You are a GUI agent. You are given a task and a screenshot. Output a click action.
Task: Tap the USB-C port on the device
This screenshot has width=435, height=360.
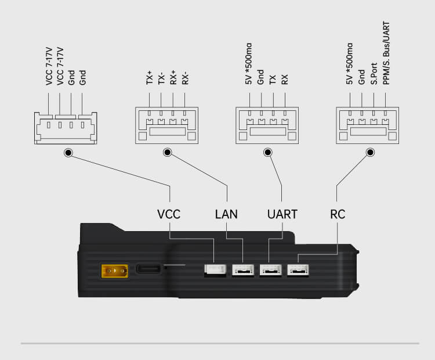click(150, 269)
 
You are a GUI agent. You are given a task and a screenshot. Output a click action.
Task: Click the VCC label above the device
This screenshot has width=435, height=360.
click(169, 214)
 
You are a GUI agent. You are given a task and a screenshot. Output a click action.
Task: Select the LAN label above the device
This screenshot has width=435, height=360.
click(226, 214)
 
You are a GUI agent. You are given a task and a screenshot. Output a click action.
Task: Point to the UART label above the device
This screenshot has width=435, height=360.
click(282, 214)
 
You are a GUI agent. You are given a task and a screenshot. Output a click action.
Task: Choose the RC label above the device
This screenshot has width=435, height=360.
click(338, 214)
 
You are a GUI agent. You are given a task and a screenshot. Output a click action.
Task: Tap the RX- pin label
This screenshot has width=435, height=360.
click(185, 78)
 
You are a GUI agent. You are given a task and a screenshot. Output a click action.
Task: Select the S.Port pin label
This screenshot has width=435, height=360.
click(374, 74)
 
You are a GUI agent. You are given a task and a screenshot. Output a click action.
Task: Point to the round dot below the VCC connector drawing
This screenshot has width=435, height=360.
click(68, 153)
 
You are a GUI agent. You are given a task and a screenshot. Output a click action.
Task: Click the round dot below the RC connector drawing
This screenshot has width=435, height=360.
click(371, 153)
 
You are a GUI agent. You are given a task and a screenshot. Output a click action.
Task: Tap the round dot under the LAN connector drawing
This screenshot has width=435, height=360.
click(168, 153)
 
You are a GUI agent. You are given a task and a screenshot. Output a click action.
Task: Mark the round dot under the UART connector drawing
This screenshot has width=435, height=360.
click(268, 153)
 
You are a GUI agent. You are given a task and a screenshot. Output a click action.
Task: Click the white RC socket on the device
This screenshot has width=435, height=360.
click(298, 270)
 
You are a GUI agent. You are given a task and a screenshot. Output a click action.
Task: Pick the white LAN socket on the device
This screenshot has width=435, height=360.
click(242, 270)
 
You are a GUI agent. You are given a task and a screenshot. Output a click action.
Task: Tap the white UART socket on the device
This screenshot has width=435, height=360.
click(270, 270)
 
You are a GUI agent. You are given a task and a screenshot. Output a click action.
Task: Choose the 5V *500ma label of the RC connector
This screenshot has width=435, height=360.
click(349, 64)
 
